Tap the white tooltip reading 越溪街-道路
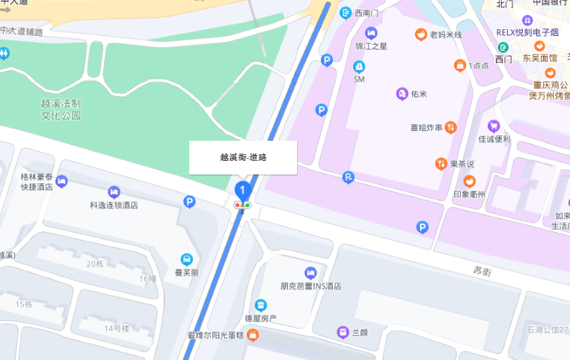point(243,157)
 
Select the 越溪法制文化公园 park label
point(61,110)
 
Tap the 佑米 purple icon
point(402,94)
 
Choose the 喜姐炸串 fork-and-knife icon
point(450,128)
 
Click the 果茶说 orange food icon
point(442,162)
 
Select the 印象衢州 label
point(470,195)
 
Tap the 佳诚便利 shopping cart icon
point(494,126)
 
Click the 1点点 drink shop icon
point(459,65)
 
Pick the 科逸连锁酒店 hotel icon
point(114,192)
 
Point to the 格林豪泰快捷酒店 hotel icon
point(61,180)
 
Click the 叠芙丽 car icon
point(186,259)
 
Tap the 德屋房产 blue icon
point(261,305)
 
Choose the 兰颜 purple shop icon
point(342,332)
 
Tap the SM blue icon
point(359,67)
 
